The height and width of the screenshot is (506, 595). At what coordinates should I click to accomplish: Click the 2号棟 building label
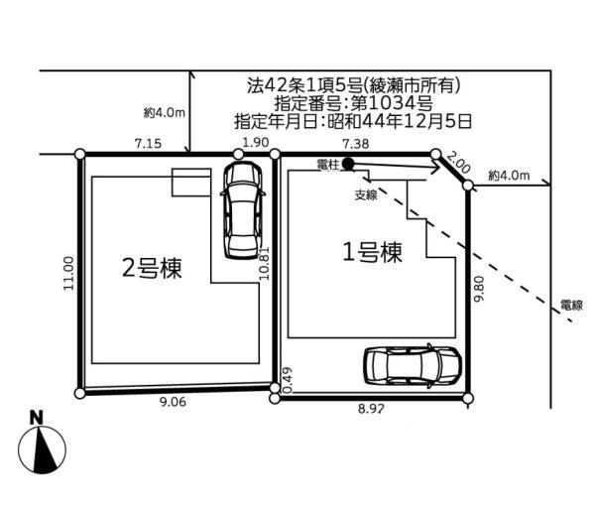point(152,268)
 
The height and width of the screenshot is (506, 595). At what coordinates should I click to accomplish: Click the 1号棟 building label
point(372,252)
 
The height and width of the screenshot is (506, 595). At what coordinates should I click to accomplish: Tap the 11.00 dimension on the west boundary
point(68,273)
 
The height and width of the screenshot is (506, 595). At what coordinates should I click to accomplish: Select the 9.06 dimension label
point(173,402)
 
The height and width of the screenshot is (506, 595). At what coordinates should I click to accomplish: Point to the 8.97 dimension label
point(371,409)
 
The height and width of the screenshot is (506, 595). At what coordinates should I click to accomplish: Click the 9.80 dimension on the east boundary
point(480,289)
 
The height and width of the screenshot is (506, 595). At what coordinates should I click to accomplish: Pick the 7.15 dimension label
point(148,144)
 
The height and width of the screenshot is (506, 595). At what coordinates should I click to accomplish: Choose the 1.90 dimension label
point(256,143)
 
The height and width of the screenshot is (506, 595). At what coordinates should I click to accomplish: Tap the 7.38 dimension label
point(356,144)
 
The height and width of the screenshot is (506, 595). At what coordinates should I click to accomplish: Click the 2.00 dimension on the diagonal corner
point(458,162)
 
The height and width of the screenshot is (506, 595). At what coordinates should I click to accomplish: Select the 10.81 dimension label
point(264,264)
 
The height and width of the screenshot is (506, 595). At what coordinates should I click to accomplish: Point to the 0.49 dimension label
point(288,380)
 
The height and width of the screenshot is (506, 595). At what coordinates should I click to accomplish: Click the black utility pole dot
point(348,164)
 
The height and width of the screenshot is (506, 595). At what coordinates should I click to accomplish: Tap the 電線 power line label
point(571,305)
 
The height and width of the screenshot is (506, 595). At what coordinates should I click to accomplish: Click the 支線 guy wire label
point(366,195)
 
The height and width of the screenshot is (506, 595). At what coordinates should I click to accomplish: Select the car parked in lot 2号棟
point(243,210)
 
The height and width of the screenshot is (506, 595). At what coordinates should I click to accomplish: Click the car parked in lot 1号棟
point(413,366)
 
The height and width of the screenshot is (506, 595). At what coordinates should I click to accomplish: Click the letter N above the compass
point(37,418)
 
